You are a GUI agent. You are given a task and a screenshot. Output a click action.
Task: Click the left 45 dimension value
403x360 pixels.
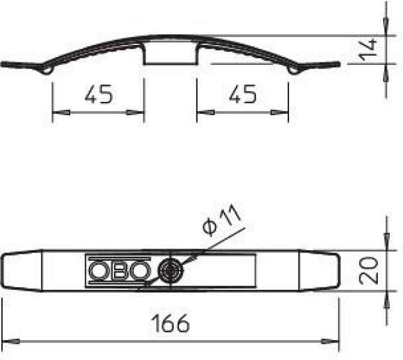click(99, 94)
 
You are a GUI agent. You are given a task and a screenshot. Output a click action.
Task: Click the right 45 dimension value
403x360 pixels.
click(243, 94)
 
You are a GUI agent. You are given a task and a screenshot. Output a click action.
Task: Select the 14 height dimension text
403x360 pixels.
click(368, 50)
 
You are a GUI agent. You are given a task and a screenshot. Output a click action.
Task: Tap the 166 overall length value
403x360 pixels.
click(171, 323)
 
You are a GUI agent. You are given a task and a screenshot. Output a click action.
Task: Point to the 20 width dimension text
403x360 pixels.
click(369, 271)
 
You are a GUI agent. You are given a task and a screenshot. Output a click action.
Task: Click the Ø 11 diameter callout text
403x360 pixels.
click(222, 220)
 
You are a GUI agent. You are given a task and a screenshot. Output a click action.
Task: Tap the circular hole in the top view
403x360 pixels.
click(171, 271)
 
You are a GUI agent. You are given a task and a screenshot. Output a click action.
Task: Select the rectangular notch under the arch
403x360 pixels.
click(171, 54)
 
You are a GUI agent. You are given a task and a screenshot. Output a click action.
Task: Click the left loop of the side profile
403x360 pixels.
click(47, 70)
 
